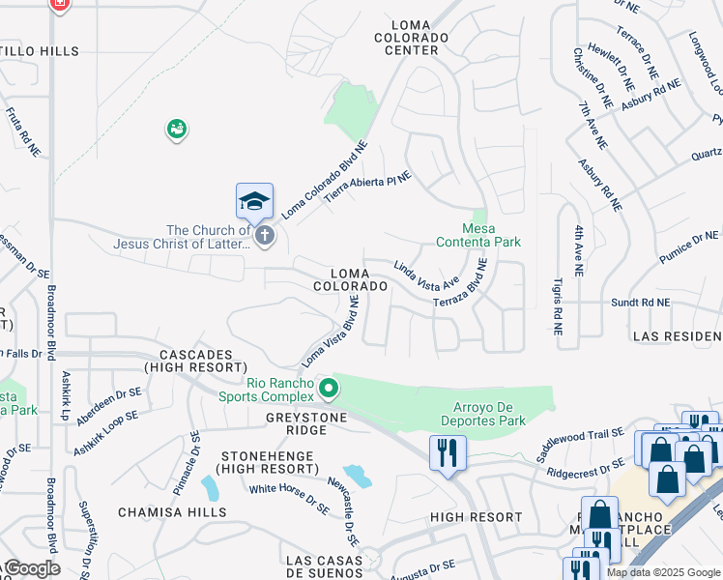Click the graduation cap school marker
click(254, 202)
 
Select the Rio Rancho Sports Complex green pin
click(329, 389)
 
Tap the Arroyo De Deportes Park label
click(489, 414)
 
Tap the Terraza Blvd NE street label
click(459, 288)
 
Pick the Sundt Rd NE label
click(640, 303)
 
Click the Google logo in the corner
click(31, 568)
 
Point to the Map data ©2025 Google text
click(662, 572)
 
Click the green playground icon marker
click(176, 129)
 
